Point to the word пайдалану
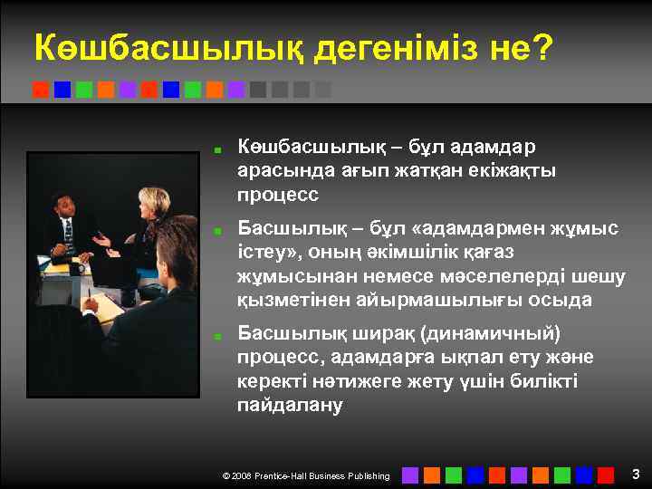[289, 405]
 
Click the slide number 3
[636, 474]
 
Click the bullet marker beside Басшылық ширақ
[217, 336]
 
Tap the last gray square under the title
[323, 90]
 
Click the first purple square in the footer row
[409, 475]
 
